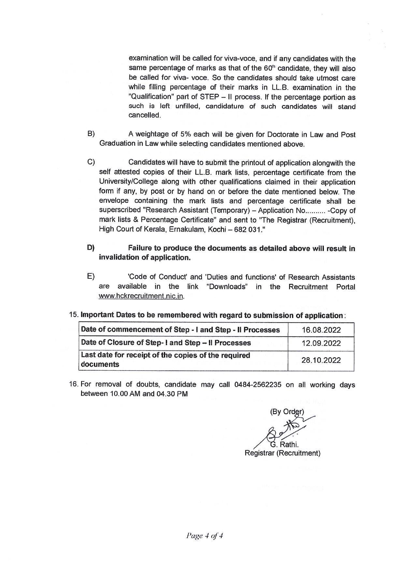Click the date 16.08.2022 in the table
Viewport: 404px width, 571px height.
pos(321,330)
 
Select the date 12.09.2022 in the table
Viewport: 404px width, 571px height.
pos(321,343)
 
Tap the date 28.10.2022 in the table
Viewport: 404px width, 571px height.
pos(321,360)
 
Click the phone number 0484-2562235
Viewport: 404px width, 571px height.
pos(257,385)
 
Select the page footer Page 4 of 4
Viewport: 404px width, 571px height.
pos(205,536)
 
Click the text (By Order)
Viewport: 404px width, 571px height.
pos(287,412)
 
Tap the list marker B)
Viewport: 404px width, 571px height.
pos(91,134)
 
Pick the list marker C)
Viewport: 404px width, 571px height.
pos(91,162)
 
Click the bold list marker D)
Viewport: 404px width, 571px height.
pos(91,248)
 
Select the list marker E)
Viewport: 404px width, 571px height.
pos(91,277)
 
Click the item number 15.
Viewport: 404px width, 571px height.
pos(74,315)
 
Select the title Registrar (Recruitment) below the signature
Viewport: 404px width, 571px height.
pos(282,453)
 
